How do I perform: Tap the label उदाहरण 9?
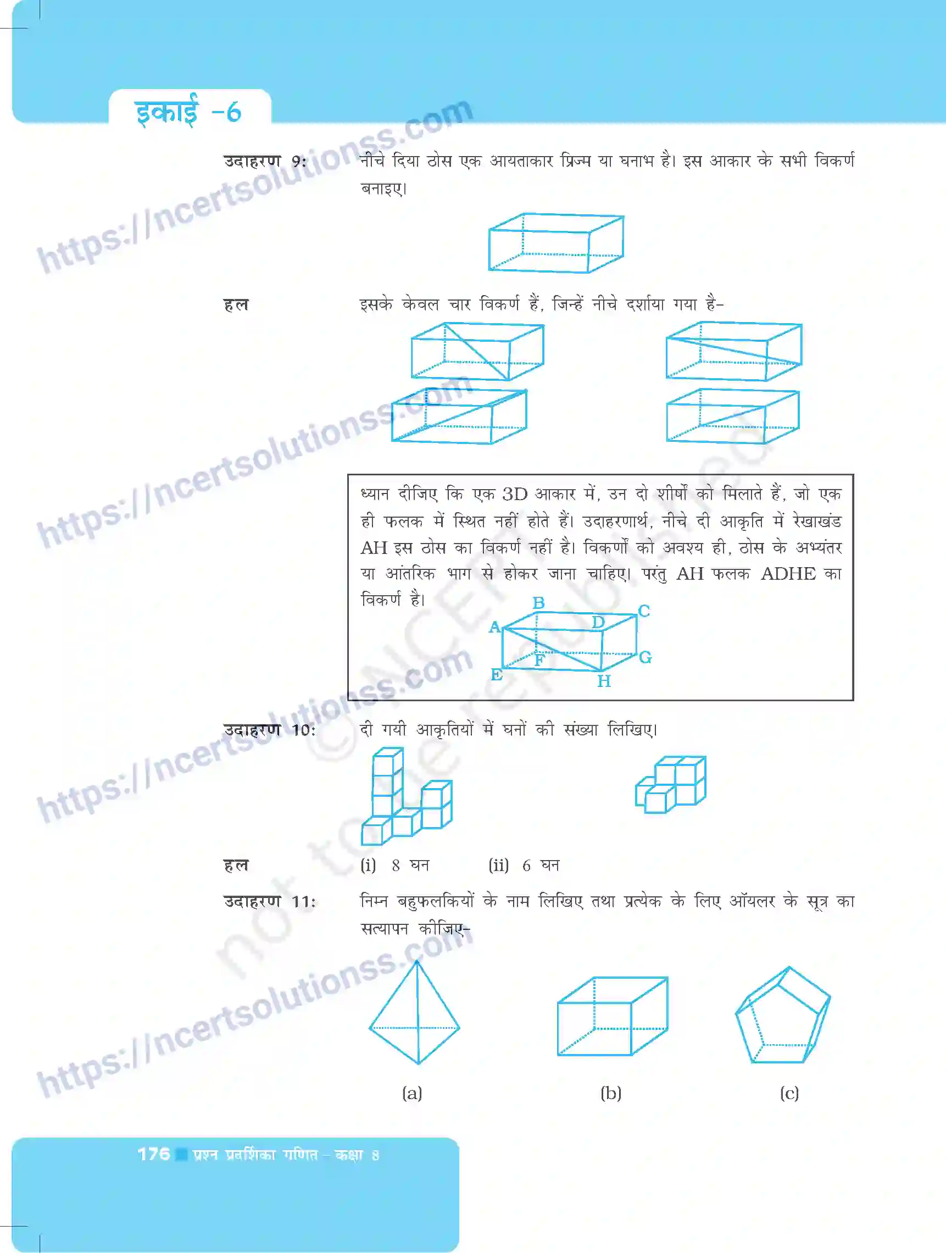pos(265,162)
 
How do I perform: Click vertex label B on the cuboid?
pos(538,603)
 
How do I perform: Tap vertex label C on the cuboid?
pos(644,611)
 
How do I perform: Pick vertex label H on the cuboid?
pos(604,681)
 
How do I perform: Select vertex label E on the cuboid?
pos(497,675)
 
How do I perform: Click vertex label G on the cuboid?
pos(645,657)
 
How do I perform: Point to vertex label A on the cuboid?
pos(495,627)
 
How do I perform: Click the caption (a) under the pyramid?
pos(412,1093)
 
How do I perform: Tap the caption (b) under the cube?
pos(611,1093)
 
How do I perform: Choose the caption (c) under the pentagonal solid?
pos(789,1093)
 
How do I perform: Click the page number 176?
pos(153,1154)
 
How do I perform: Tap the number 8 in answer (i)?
pos(396,866)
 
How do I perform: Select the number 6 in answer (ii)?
pos(526,866)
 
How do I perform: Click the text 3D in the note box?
pos(515,494)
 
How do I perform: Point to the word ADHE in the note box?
pos(788,574)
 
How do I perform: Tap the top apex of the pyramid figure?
pos(417,962)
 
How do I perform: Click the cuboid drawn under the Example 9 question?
pos(556,243)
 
